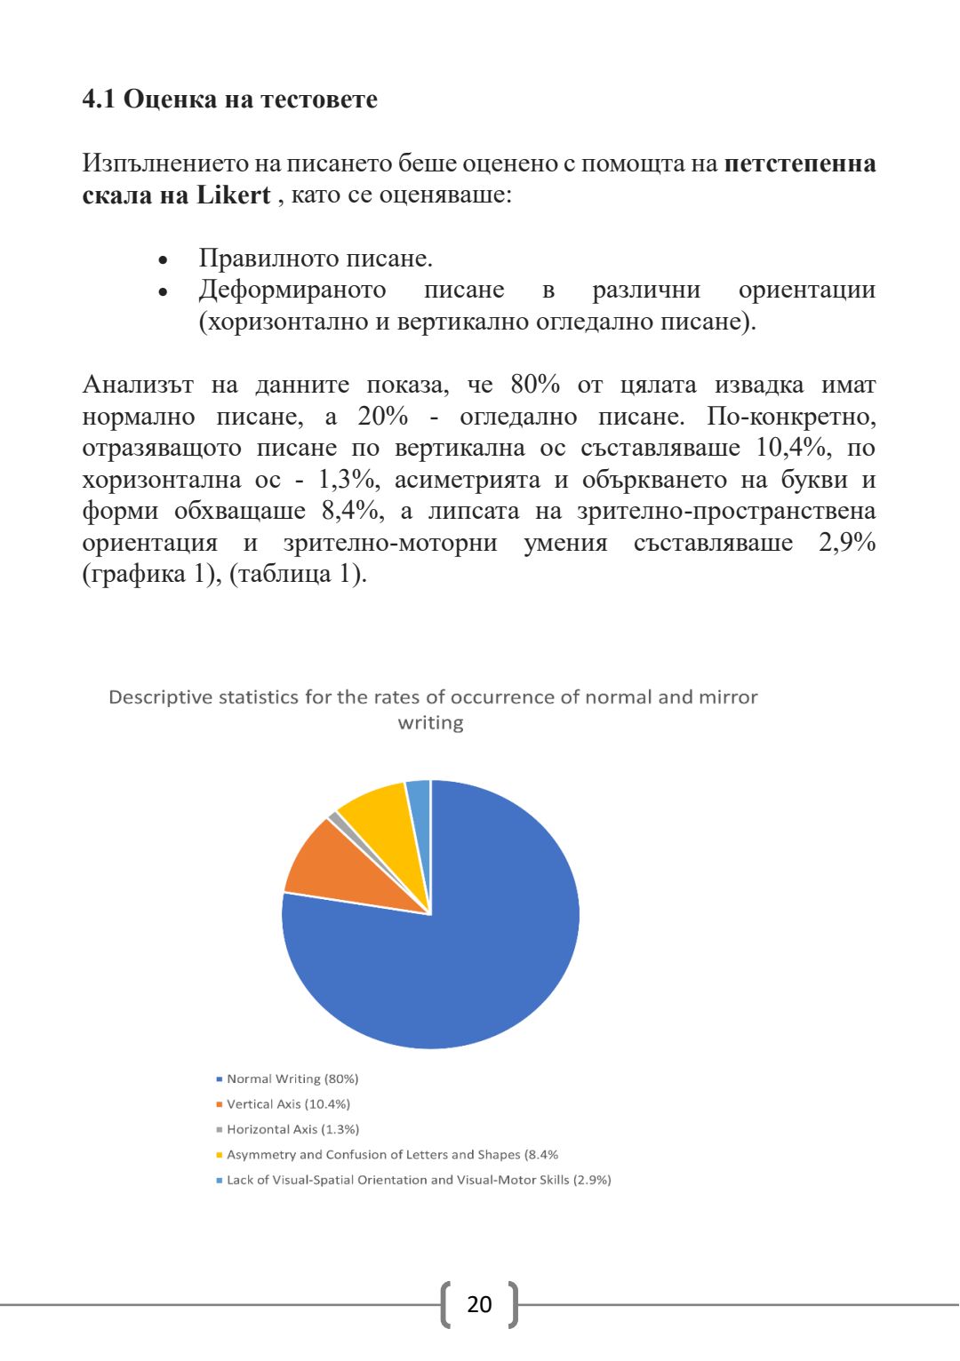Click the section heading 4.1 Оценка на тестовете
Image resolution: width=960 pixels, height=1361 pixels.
[229, 99]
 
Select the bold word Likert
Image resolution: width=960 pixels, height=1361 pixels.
[233, 195]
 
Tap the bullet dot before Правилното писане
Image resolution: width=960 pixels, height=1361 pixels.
[163, 261]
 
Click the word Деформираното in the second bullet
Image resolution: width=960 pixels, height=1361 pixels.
[292, 291]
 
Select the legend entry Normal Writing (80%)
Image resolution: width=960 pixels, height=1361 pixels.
[292, 1078]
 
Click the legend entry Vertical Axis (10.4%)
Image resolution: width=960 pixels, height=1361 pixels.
[288, 1104]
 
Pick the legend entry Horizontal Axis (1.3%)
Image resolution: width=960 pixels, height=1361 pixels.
[292, 1129]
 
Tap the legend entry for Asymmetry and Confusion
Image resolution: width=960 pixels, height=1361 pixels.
[392, 1155]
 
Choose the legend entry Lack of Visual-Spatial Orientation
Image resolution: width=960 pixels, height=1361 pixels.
[419, 1180]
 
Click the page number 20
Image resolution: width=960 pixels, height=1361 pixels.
[479, 1304]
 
